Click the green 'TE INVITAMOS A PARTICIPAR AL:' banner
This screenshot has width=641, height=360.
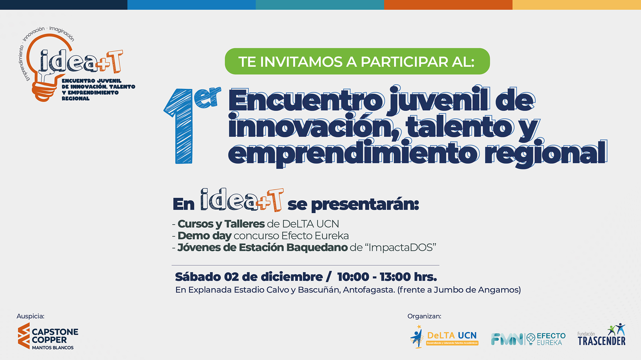tap(357, 61)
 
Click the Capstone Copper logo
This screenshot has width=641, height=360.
tap(48, 336)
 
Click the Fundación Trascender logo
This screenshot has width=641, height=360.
tap(601, 335)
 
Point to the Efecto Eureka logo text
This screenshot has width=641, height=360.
tap(551, 339)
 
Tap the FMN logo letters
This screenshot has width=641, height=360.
tap(507, 339)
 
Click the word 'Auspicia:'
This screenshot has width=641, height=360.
tap(30, 316)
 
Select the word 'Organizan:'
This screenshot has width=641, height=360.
tap(424, 316)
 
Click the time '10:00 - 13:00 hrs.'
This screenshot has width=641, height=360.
tap(387, 277)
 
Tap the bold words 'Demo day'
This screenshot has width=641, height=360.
tap(204, 236)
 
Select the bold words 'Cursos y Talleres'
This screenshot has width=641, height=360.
tap(221, 224)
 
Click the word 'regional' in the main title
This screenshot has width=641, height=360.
tap(546, 154)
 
